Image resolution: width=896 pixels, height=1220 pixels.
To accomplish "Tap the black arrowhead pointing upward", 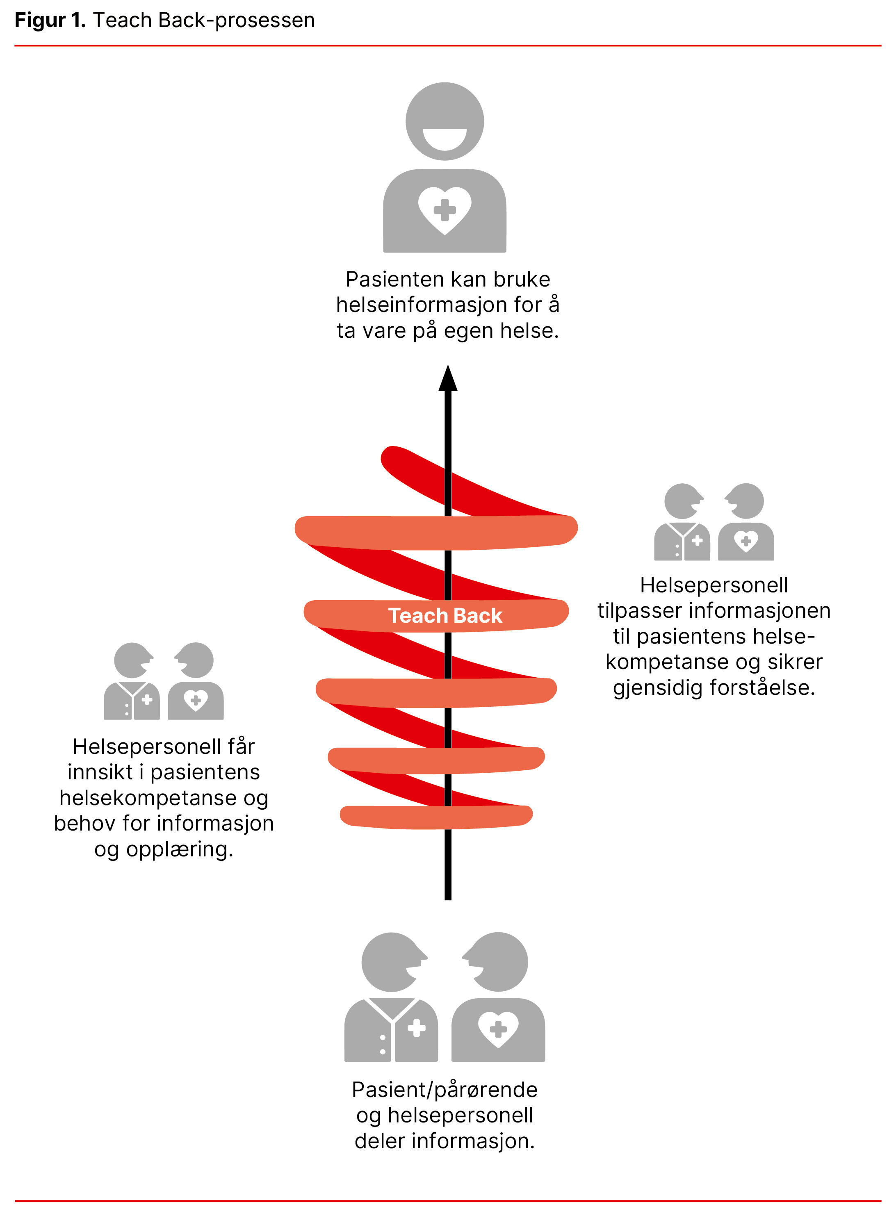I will click(448, 380).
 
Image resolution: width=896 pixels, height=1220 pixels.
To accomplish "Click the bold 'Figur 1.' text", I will click(50, 20).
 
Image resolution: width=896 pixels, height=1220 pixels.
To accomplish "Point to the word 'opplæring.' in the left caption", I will click(180, 849).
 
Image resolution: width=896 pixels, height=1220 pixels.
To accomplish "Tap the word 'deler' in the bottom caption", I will click(380, 1141).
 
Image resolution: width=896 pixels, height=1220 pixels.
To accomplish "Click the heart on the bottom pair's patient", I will click(498, 1028).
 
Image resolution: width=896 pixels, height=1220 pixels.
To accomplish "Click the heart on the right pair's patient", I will click(746, 540).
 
